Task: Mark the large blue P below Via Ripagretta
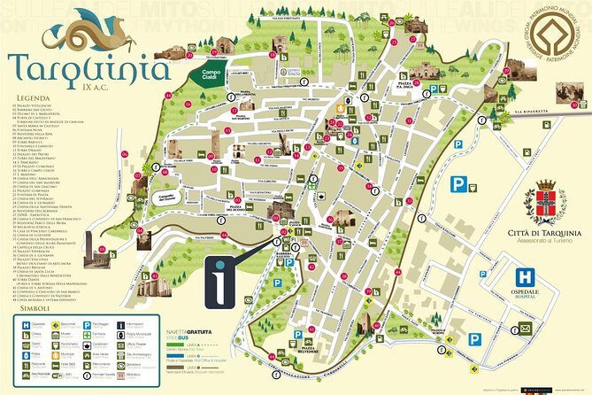click(459, 184)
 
